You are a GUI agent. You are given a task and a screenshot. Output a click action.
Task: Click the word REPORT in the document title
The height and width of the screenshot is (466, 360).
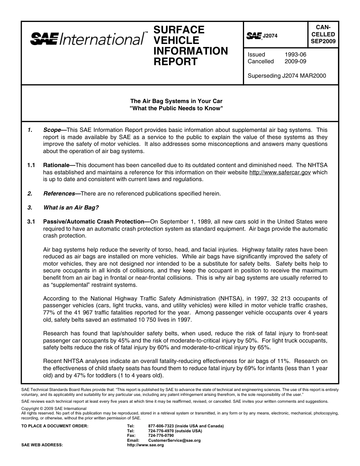(175, 62)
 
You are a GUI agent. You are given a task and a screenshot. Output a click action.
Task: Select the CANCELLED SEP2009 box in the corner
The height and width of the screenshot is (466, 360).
(323, 34)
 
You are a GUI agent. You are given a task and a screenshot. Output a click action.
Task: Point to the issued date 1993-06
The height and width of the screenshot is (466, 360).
(295, 55)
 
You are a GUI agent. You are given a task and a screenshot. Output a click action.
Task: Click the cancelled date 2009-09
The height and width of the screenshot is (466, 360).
(295, 61)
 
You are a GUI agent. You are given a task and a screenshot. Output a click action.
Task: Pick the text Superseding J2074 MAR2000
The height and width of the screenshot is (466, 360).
(286, 76)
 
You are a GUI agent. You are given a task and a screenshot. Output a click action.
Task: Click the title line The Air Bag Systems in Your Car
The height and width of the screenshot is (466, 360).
(176, 101)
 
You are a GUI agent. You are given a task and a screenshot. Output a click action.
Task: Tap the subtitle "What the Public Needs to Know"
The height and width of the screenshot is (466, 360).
(176, 108)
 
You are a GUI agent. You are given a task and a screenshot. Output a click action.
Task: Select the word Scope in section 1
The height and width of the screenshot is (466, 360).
(52, 130)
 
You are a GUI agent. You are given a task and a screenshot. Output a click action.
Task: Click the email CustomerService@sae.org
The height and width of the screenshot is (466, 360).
(174, 440)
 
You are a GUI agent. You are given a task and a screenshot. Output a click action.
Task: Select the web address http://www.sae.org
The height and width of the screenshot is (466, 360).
(146, 445)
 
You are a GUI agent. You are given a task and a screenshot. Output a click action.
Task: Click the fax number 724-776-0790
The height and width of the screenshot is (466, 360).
(161, 435)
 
